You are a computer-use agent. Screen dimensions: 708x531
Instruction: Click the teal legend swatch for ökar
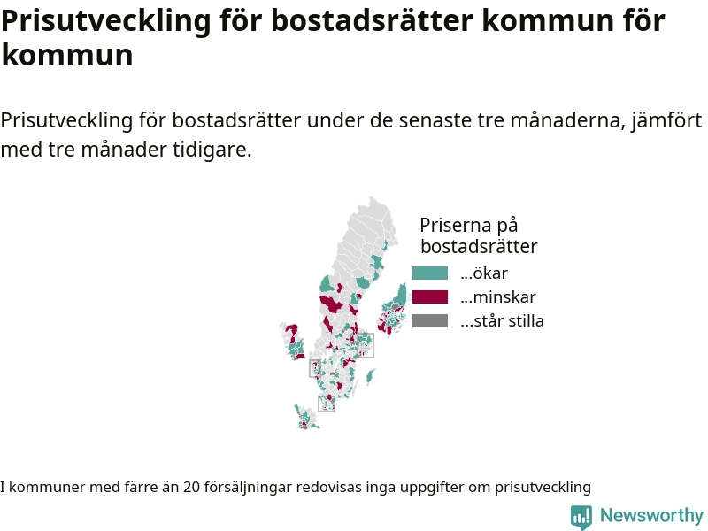click(430, 273)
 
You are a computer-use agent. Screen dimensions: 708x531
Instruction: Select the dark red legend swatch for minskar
click(430, 297)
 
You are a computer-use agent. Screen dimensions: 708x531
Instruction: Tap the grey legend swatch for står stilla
click(430, 321)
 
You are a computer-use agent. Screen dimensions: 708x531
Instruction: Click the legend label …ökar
click(484, 273)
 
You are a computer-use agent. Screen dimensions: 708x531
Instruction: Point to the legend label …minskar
click(498, 297)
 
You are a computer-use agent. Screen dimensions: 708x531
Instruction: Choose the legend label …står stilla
click(502, 321)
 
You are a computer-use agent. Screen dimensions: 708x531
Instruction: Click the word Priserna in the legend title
click(456, 225)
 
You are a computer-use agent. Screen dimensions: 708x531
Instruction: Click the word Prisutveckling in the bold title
click(106, 20)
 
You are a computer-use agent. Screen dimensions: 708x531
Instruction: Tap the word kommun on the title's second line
click(67, 55)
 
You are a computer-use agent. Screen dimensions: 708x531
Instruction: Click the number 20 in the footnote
click(191, 488)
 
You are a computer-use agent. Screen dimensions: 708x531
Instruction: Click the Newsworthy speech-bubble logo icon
click(581, 517)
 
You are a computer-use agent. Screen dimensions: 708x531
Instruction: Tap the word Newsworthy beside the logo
click(651, 515)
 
